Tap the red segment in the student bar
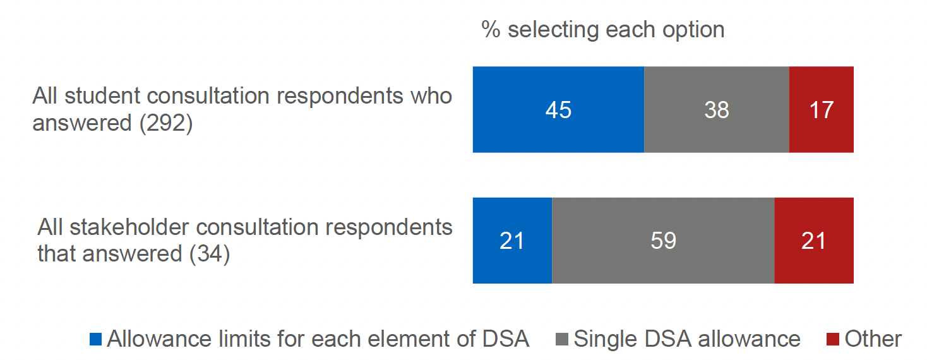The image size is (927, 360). pyautogui.click(x=821, y=88)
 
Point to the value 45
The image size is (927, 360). pyautogui.click(x=558, y=110)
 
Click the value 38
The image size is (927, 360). pyautogui.click(x=716, y=110)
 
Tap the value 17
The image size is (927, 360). pyautogui.click(x=821, y=110)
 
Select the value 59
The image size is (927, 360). pyautogui.click(x=663, y=241)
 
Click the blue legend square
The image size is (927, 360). pyautogui.click(x=95, y=340)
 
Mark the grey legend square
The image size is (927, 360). pyautogui.click(x=561, y=340)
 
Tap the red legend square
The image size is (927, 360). pyautogui.click(x=832, y=340)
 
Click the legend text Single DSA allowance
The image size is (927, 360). pyautogui.click(x=687, y=339)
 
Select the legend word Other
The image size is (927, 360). pyautogui.click(x=873, y=339)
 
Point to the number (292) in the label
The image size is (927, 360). pyautogui.click(x=165, y=123)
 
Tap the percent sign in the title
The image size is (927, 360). pyautogui.click(x=491, y=29)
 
